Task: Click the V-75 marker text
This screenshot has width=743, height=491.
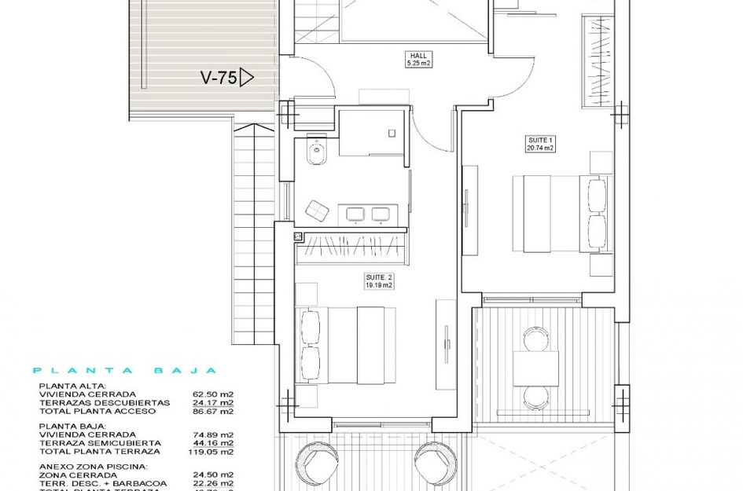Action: pos(218,78)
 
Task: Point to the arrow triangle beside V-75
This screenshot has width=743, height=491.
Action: pos(247,77)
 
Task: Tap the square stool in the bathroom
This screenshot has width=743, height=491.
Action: pos(318,211)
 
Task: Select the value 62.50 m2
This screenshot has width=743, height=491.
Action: pos(217,394)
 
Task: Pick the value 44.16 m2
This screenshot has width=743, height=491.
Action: pos(217,443)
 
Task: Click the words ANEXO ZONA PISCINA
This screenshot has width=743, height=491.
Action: pos(93,466)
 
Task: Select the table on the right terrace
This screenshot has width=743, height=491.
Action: pos(535,368)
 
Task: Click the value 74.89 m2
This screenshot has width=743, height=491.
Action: pos(217,434)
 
